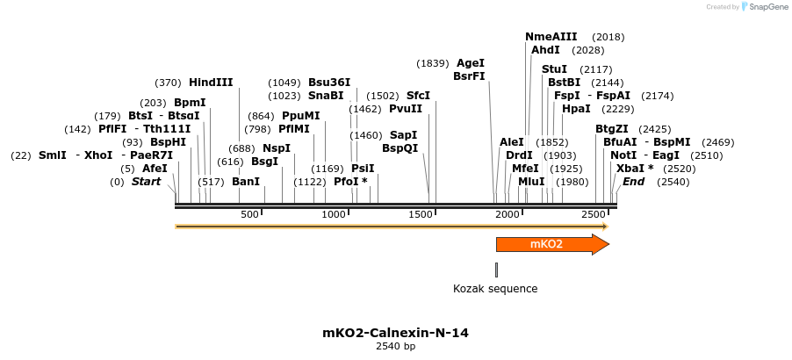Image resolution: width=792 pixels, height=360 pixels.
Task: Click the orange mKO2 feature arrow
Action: (x=551, y=244)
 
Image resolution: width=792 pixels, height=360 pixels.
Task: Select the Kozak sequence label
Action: (x=495, y=289)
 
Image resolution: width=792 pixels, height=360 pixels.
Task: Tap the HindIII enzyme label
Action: (x=211, y=83)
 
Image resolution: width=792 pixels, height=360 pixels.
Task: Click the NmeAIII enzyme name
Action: (x=551, y=37)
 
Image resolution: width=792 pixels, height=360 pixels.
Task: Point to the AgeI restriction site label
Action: (x=471, y=63)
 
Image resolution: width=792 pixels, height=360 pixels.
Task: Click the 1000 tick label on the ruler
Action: (x=334, y=215)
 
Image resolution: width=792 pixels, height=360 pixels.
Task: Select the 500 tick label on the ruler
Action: (x=249, y=215)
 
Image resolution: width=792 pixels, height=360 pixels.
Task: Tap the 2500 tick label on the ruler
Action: (x=593, y=215)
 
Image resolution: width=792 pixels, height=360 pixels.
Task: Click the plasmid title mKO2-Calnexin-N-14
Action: (x=395, y=333)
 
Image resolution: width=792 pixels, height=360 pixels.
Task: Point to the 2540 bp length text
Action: (x=395, y=347)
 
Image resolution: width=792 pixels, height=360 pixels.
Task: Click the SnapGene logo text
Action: (x=765, y=7)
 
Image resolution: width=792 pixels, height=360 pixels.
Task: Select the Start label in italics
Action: (x=146, y=182)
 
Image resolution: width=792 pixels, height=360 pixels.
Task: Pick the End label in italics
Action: (x=633, y=182)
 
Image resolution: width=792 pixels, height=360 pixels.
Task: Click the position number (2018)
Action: (x=608, y=37)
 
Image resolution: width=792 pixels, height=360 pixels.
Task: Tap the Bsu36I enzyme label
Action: (x=329, y=83)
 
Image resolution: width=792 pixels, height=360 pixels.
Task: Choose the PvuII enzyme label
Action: (x=406, y=109)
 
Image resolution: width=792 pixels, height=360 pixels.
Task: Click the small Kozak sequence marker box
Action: (x=496, y=270)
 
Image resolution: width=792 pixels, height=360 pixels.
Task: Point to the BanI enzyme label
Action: (x=246, y=182)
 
